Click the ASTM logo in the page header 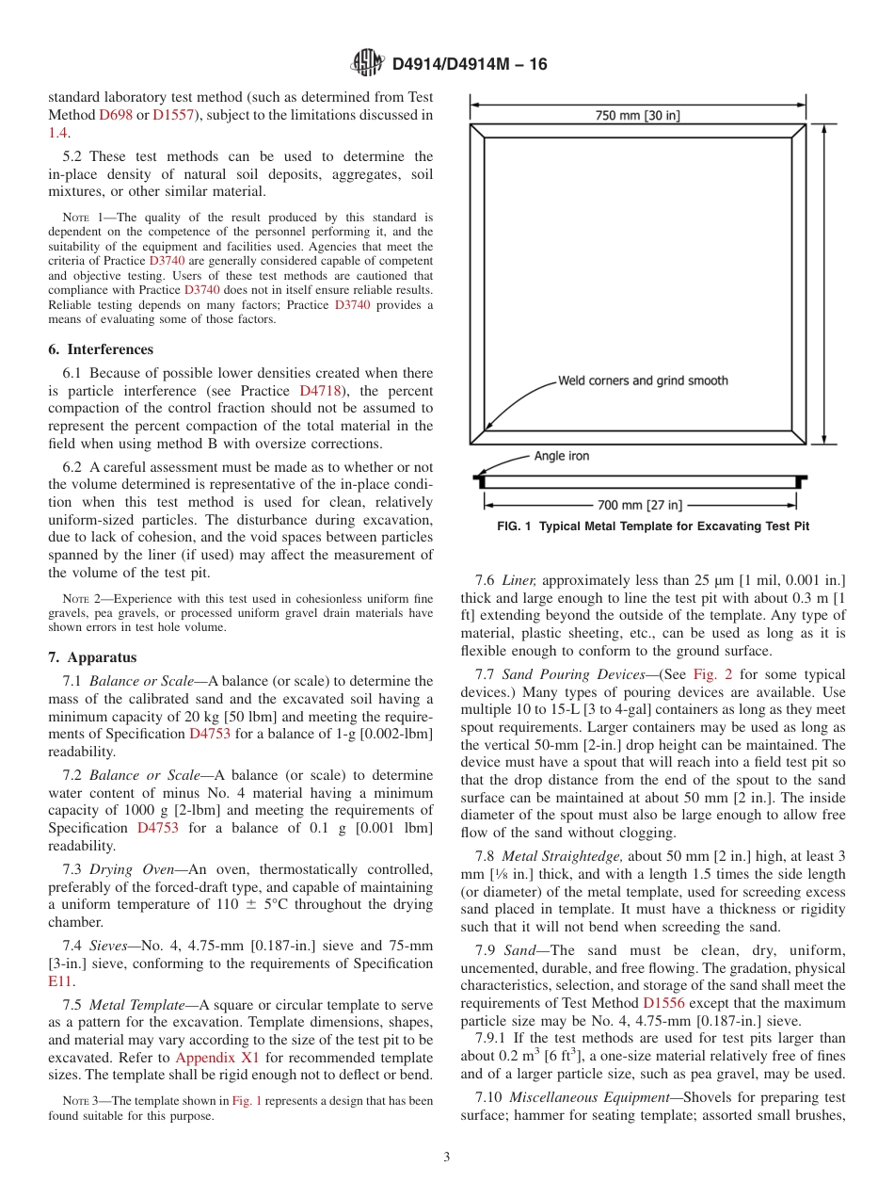(x=366, y=64)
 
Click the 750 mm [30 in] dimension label (x=638, y=116)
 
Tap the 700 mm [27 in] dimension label (x=640, y=505)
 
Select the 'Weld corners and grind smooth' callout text (x=643, y=380)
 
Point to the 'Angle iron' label (x=562, y=456)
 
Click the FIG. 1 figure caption (x=653, y=526)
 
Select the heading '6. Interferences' (x=101, y=349)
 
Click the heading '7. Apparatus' (x=92, y=657)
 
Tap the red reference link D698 (x=116, y=115)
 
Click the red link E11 (x=60, y=981)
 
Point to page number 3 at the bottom (x=447, y=1157)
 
